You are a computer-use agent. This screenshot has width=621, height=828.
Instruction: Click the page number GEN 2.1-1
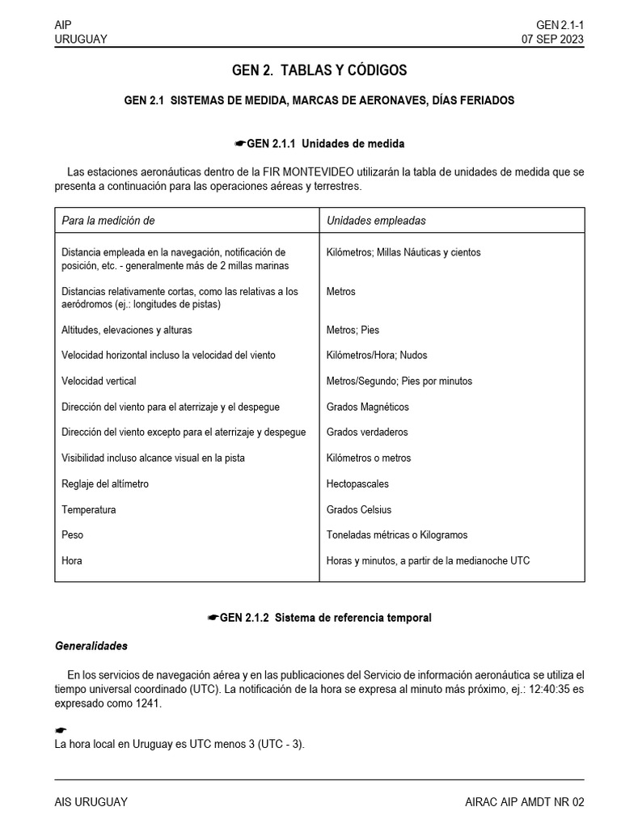560,25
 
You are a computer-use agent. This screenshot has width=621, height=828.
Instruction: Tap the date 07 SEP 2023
553,39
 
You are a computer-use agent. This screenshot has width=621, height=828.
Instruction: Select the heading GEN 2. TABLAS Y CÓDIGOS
319,70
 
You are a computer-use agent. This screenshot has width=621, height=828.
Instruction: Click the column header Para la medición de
108,220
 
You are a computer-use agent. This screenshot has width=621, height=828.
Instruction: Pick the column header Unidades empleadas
376,220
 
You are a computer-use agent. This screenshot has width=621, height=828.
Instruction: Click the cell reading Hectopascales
357,484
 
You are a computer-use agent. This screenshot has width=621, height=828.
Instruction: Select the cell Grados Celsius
359,509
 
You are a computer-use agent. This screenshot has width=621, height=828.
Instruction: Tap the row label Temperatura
88,509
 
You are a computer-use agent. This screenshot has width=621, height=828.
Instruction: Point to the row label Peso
72,534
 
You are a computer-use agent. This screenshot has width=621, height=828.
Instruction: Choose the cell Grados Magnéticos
368,407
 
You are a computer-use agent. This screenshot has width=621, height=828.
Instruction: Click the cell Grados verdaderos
367,432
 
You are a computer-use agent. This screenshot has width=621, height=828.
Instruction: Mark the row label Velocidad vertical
99,381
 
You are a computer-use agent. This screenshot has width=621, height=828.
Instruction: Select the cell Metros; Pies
353,330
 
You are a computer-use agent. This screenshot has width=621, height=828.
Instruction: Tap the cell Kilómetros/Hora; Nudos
377,355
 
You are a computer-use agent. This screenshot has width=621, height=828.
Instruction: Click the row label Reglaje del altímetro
105,484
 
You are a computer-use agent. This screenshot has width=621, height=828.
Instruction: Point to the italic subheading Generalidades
91,646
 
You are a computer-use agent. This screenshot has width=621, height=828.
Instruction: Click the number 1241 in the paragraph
148,703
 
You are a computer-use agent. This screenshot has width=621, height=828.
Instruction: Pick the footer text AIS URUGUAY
91,801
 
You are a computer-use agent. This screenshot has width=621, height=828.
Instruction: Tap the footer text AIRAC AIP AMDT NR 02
524,801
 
